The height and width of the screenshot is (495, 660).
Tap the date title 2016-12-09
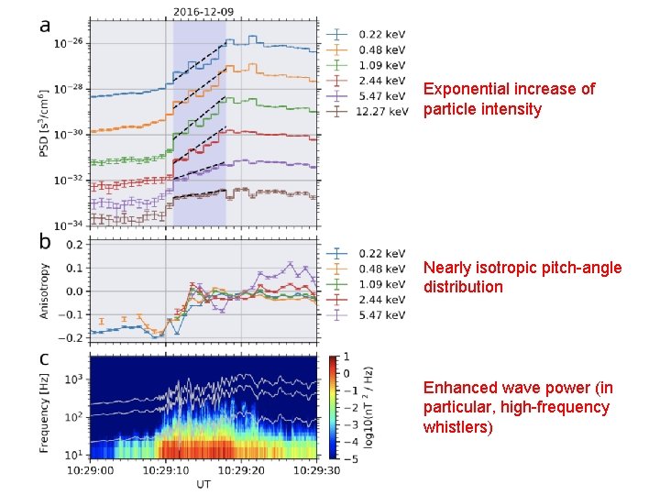[203, 10]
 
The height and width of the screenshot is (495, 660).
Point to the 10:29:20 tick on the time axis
[242, 469]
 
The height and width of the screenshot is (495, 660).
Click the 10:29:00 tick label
[90, 469]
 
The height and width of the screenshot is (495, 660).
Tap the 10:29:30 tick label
[317, 469]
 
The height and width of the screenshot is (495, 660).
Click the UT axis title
[203, 484]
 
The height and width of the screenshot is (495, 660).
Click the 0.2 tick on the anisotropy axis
[73, 244]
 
